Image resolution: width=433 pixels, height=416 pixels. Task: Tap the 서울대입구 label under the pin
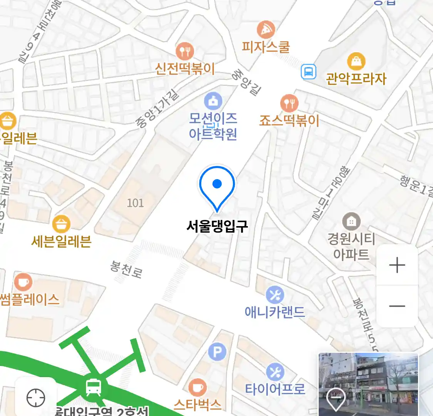[x=217, y=226]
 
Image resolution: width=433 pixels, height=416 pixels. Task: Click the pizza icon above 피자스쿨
[x=266, y=30]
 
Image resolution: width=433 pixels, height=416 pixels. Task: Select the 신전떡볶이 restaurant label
[x=185, y=69]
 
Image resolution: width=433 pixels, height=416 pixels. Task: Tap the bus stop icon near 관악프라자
[x=308, y=72]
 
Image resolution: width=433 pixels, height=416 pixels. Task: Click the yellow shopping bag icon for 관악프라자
[x=356, y=61]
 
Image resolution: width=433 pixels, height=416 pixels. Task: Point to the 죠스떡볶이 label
[x=289, y=121]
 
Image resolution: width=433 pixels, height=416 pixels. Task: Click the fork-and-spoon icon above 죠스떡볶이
[x=289, y=103]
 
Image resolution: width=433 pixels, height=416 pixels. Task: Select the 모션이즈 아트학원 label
[x=213, y=126]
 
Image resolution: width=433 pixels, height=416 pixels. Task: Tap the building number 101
[x=135, y=203]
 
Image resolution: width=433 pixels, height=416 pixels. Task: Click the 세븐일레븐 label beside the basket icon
[x=61, y=242]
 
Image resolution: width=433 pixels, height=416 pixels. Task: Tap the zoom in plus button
[x=397, y=265]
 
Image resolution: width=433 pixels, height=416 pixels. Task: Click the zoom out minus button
[x=397, y=306]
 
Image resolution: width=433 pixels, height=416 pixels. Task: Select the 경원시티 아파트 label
[x=351, y=247]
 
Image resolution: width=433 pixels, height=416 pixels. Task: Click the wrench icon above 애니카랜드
[x=275, y=295]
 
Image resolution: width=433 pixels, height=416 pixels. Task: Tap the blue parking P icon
[x=217, y=352]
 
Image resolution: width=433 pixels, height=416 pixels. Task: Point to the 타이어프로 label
[x=275, y=389]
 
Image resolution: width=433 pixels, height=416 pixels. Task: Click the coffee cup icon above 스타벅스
[x=197, y=387]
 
